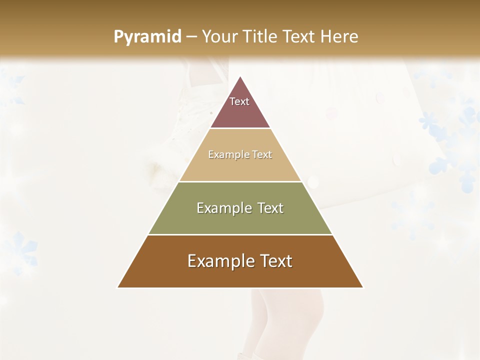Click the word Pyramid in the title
147,37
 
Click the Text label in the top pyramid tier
239,101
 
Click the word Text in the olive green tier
271,208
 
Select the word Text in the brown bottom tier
275,261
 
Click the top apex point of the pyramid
240,77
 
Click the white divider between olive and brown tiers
240,234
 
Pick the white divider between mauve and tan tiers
240,128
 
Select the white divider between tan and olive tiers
240,181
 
